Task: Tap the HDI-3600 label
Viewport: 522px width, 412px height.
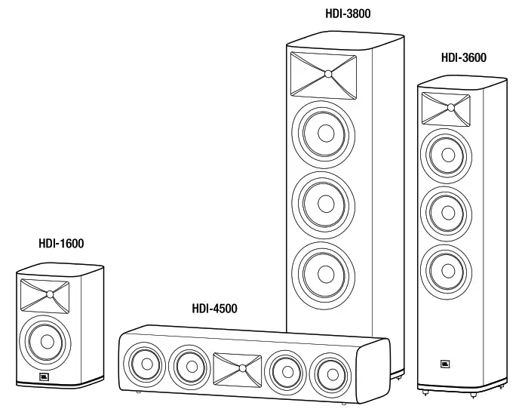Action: click(464, 57)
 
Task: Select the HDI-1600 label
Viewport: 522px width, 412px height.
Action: click(61, 244)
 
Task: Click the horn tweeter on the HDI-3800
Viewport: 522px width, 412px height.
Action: click(327, 73)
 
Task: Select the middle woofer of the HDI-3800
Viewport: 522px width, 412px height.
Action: click(325, 202)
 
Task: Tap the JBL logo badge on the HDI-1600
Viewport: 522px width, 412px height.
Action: click(44, 377)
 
